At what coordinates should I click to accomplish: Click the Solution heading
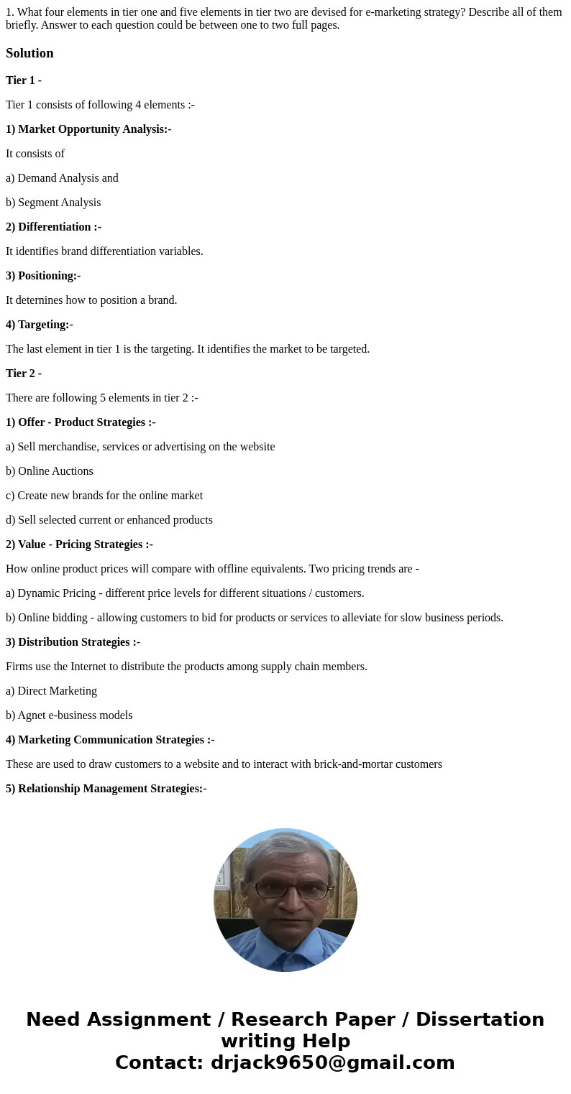[29, 53]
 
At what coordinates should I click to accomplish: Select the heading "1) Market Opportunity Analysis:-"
[88, 129]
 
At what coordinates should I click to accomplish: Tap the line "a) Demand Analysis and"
[62, 178]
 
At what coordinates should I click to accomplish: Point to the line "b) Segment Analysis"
[53, 203]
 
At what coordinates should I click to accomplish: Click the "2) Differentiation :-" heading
[53, 227]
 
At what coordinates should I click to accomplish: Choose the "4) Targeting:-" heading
[40, 325]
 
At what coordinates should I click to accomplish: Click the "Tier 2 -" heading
[24, 374]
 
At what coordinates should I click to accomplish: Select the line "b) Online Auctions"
[50, 471]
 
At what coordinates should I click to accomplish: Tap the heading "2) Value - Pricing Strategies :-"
[79, 544]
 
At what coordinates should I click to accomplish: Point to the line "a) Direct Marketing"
[51, 691]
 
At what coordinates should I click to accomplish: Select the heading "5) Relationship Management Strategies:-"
[106, 789]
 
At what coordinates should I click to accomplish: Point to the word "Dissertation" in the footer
[480, 1019]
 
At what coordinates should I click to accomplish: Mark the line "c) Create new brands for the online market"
[104, 496]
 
